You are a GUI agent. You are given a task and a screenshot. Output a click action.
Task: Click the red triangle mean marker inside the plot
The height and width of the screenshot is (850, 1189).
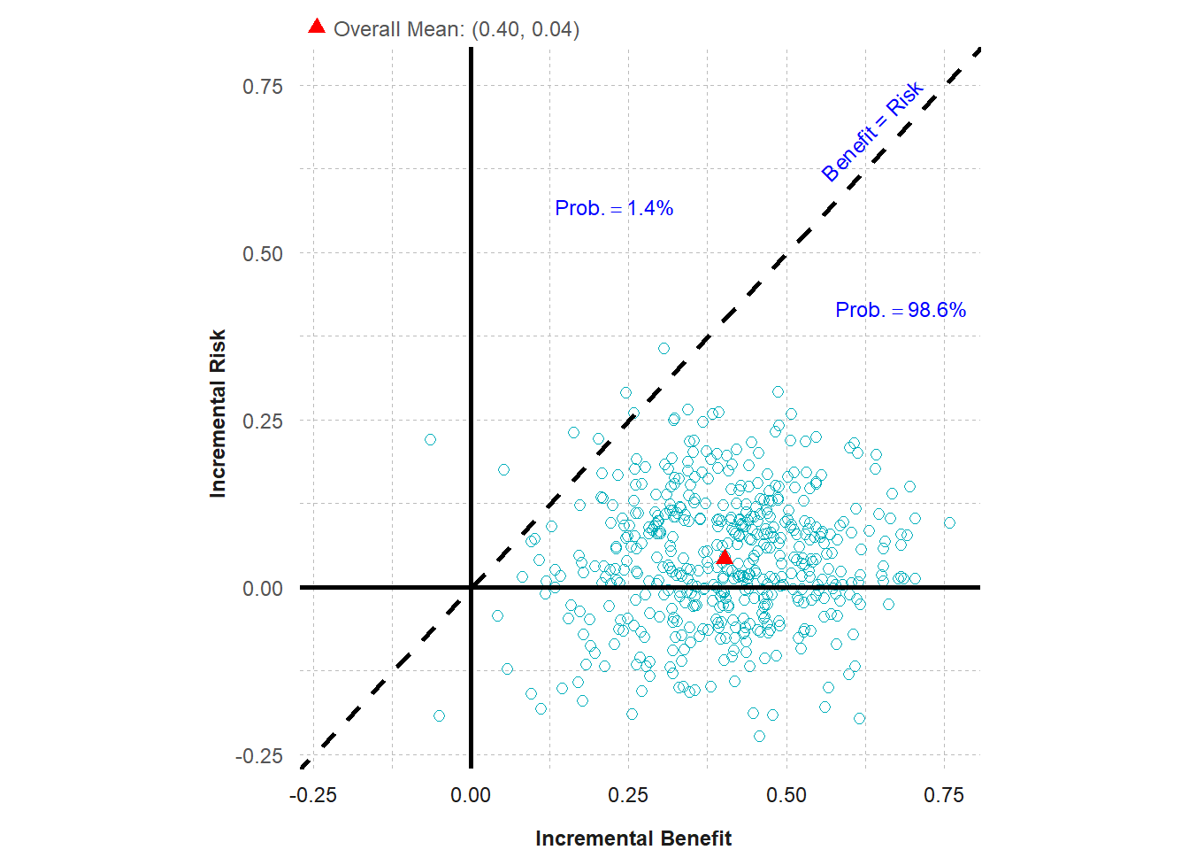tap(724, 557)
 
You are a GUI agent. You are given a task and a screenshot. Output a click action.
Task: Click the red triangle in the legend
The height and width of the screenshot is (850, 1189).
tap(317, 27)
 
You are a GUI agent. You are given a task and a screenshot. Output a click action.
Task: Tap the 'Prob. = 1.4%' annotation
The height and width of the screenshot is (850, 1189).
tap(614, 208)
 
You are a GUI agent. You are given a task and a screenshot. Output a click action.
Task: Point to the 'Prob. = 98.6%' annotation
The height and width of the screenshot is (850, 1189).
tap(901, 310)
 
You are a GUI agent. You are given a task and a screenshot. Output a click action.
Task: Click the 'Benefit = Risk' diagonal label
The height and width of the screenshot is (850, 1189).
tap(872, 131)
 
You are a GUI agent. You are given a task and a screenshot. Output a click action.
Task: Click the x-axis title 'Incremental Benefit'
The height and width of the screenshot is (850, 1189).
tap(633, 838)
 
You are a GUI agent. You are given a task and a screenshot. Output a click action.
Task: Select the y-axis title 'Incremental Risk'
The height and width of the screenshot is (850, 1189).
tap(218, 413)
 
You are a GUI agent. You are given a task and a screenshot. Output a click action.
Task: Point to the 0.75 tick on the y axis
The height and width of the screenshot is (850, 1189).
tap(263, 87)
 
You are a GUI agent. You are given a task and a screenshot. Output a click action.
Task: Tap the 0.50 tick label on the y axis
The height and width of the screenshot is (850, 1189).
tap(263, 254)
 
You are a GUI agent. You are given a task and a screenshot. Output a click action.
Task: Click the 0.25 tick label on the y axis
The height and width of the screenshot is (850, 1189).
tap(263, 421)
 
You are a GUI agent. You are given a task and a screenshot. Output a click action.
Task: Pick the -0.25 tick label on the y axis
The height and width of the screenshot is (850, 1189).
tap(259, 756)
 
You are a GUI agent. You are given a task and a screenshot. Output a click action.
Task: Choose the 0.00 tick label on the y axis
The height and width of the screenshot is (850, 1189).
tap(263, 589)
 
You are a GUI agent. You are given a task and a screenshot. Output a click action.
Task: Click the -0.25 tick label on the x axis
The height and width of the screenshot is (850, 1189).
tap(313, 795)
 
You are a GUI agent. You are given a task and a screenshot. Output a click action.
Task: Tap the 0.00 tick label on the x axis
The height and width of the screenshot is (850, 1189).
tap(471, 795)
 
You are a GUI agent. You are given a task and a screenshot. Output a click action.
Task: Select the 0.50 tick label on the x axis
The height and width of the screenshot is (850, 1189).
tap(786, 795)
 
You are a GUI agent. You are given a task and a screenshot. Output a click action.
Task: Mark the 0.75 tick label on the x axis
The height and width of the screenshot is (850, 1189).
tap(944, 795)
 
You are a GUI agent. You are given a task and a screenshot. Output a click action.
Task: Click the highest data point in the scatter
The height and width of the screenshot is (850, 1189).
tap(664, 348)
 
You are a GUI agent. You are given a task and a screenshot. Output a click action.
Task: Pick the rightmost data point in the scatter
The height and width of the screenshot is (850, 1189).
tap(949, 523)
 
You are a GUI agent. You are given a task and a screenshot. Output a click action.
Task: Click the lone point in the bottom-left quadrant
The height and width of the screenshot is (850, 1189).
tap(439, 715)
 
